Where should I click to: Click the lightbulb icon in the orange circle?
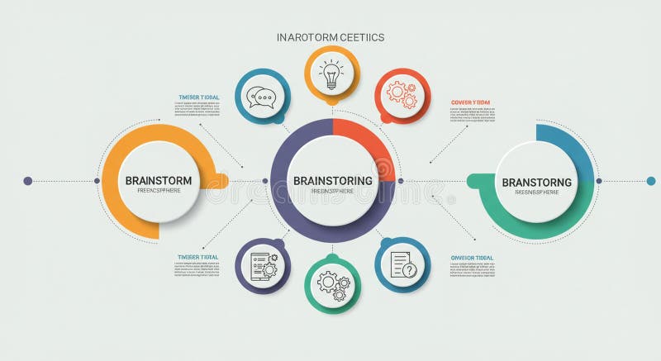pyautogui.click(x=332, y=74)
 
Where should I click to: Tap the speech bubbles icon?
pyautogui.click(x=262, y=97)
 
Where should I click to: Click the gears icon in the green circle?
pyautogui.click(x=333, y=284)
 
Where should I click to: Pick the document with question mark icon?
pyautogui.click(x=402, y=265)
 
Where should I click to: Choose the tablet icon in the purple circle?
pyautogui.click(x=262, y=265)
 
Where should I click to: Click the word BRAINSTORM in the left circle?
pyautogui.click(x=159, y=181)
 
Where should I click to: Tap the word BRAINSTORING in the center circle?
pyautogui.click(x=332, y=180)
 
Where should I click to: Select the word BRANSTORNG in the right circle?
pyautogui.click(x=536, y=182)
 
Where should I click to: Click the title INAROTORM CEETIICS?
pyautogui.click(x=330, y=37)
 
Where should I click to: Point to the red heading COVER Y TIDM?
pyautogui.click(x=470, y=102)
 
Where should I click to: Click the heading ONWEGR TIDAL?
pyautogui.click(x=472, y=258)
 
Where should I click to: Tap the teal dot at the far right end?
pyautogui.click(x=651, y=181)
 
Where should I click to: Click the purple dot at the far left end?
pyautogui.click(x=27, y=181)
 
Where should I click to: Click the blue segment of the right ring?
pyautogui.click(x=570, y=149)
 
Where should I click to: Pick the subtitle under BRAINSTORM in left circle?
pyautogui.click(x=159, y=192)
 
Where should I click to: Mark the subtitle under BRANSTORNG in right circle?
pyautogui.click(x=536, y=192)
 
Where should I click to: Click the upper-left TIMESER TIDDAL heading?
pyautogui.click(x=199, y=97)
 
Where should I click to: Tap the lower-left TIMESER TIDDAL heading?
pyautogui.click(x=198, y=257)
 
